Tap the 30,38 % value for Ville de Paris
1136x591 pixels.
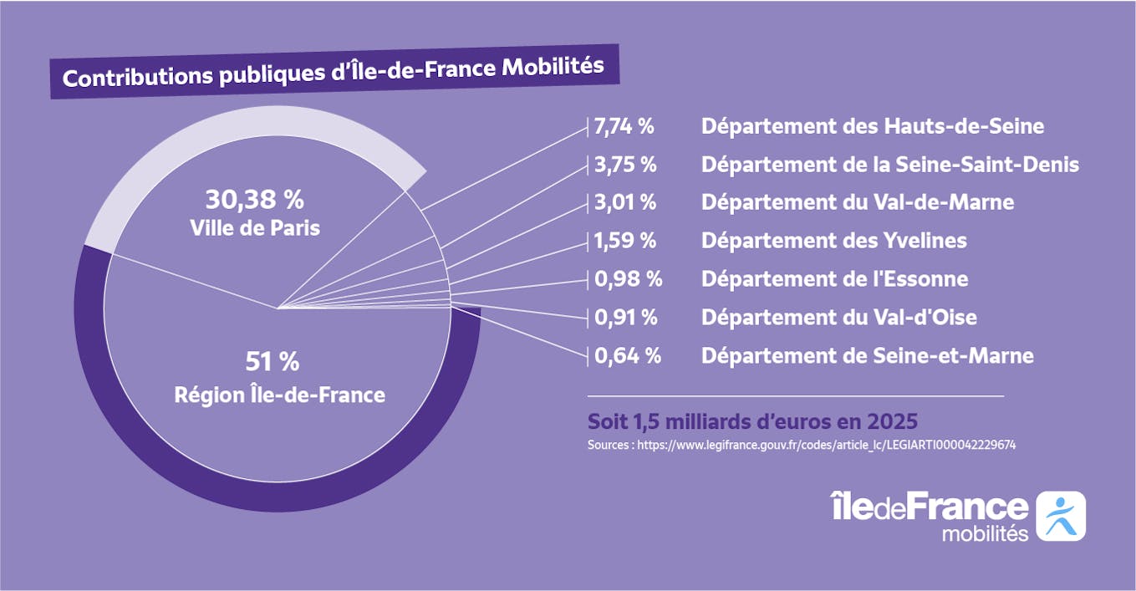(254, 200)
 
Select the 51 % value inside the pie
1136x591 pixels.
(272, 362)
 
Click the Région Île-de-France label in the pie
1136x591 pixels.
(279, 395)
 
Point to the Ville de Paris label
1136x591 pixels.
(255, 227)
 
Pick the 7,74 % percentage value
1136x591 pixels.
(624, 127)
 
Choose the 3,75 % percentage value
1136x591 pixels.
(624, 165)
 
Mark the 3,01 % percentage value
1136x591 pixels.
(624, 202)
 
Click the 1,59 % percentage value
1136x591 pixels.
(624, 241)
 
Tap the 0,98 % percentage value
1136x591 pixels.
(628, 278)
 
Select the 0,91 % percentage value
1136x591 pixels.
(625, 318)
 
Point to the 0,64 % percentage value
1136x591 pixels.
(628, 356)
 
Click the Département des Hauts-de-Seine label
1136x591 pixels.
(873, 127)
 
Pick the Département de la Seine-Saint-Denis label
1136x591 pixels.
(890, 165)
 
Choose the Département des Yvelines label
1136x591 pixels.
(833, 241)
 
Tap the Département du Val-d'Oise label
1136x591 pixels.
(838, 318)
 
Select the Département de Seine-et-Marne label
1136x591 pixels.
(867, 356)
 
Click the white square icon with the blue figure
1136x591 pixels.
(1060, 516)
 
